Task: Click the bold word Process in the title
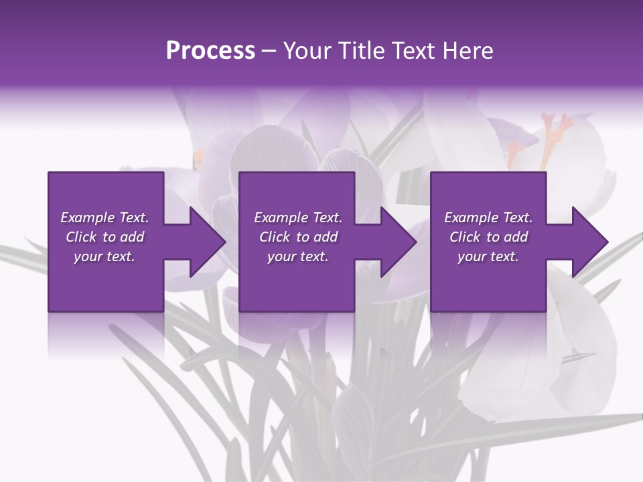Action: [x=210, y=50]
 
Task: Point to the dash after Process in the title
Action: [x=269, y=52]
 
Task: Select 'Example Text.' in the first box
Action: [x=104, y=218]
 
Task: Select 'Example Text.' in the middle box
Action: [x=298, y=218]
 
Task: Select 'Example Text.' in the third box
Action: [x=488, y=218]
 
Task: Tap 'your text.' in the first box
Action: [x=104, y=256]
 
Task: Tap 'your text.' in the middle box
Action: [x=298, y=256]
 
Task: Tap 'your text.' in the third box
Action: [x=488, y=256]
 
